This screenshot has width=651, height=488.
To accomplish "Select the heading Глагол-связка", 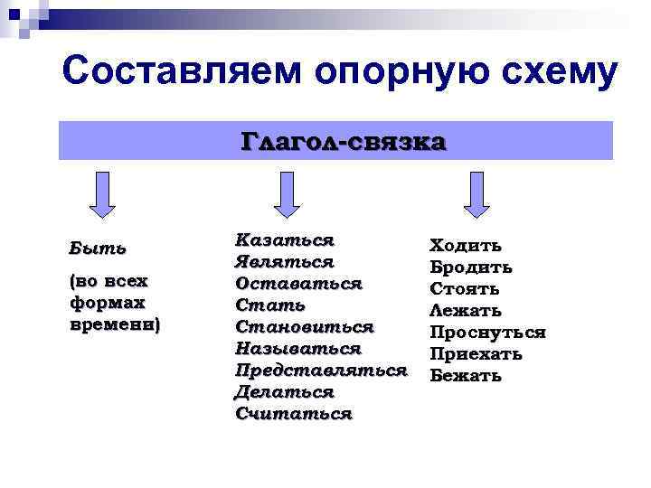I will pyautogui.click(x=343, y=142).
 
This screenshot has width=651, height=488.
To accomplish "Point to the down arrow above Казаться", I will pyautogui.click(x=287, y=194).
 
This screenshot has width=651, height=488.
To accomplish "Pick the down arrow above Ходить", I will pyautogui.click(x=476, y=194).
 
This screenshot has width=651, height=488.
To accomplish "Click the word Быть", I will pyautogui.click(x=98, y=248).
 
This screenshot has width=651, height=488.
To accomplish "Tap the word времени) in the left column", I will pyautogui.click(x=113, y=324).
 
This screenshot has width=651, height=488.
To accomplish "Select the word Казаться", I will pyautogui.click(x=284, y=240).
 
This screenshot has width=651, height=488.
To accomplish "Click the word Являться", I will pyautogui.click(x=284, y=262).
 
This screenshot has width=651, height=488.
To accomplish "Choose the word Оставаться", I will pyautogui.click(x=297, y=284).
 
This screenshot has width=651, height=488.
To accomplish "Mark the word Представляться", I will pyautogui.click(x=320, y=371).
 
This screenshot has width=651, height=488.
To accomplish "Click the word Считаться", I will pyautogui.click(x=292, y=414).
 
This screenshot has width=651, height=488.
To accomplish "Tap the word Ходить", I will pyautogui.click(x=465, y=246).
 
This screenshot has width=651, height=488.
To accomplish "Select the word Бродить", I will pyautogui.click(x=470, y=267).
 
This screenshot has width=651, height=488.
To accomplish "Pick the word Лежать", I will pyautogui.click(x=465, y=311).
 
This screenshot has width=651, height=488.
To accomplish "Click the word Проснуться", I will pyautogui.click(x=486, y=333).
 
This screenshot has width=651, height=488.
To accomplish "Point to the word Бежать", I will pyautogui.click(x=465, y=376).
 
